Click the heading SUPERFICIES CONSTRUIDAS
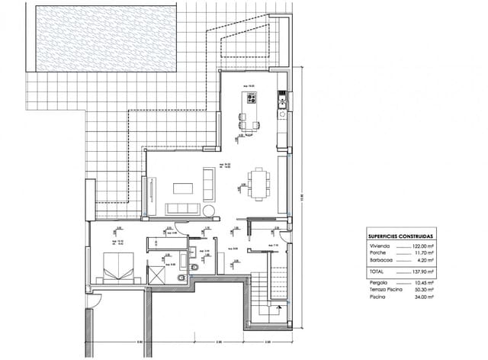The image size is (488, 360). pos(399,237)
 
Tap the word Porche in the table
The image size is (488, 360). pos(377,255)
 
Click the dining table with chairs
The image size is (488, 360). pos(258,182)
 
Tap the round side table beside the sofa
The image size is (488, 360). pos(207,209)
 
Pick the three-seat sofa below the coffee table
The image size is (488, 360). pos(182,209)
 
